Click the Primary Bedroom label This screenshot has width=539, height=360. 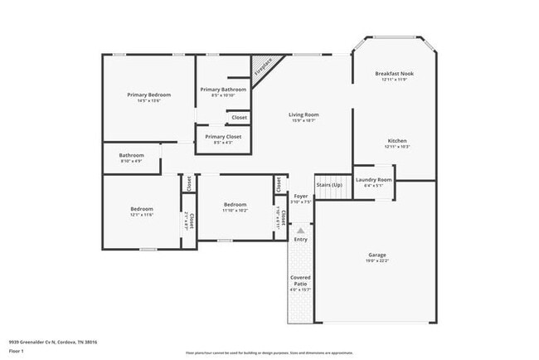pyautogui.click(x=143, y=95)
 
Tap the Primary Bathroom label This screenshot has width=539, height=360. pyautogui.click(x=223, y=89)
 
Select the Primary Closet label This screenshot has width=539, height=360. pyautogui.click(x=223, y=136)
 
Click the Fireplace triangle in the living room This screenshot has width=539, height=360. pyautogui.click(x=266, y=65)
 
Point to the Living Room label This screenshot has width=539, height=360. pyautogui.click(x=303, y=115)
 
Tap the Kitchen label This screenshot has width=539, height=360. pyautogui.click(x=397, y=141)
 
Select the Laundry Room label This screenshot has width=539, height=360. pyautogui.click(x=373, y=179)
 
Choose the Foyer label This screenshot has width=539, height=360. pyautogui.click(x=301, y=197)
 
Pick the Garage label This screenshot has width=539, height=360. pyautogui.click(x=377, y=255)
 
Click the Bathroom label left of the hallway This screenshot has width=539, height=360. pyautogui.click(x=131, y=155)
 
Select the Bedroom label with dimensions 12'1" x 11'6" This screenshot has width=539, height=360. pyautogui.click(x=142, y=209)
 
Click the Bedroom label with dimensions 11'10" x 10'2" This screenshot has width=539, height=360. pyautogui.click(x=235, y=205)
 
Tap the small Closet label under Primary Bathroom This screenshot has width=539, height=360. pyautogui.click(x=239, y=117)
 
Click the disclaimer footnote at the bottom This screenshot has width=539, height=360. pyautogui.click(x=269, y=353)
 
